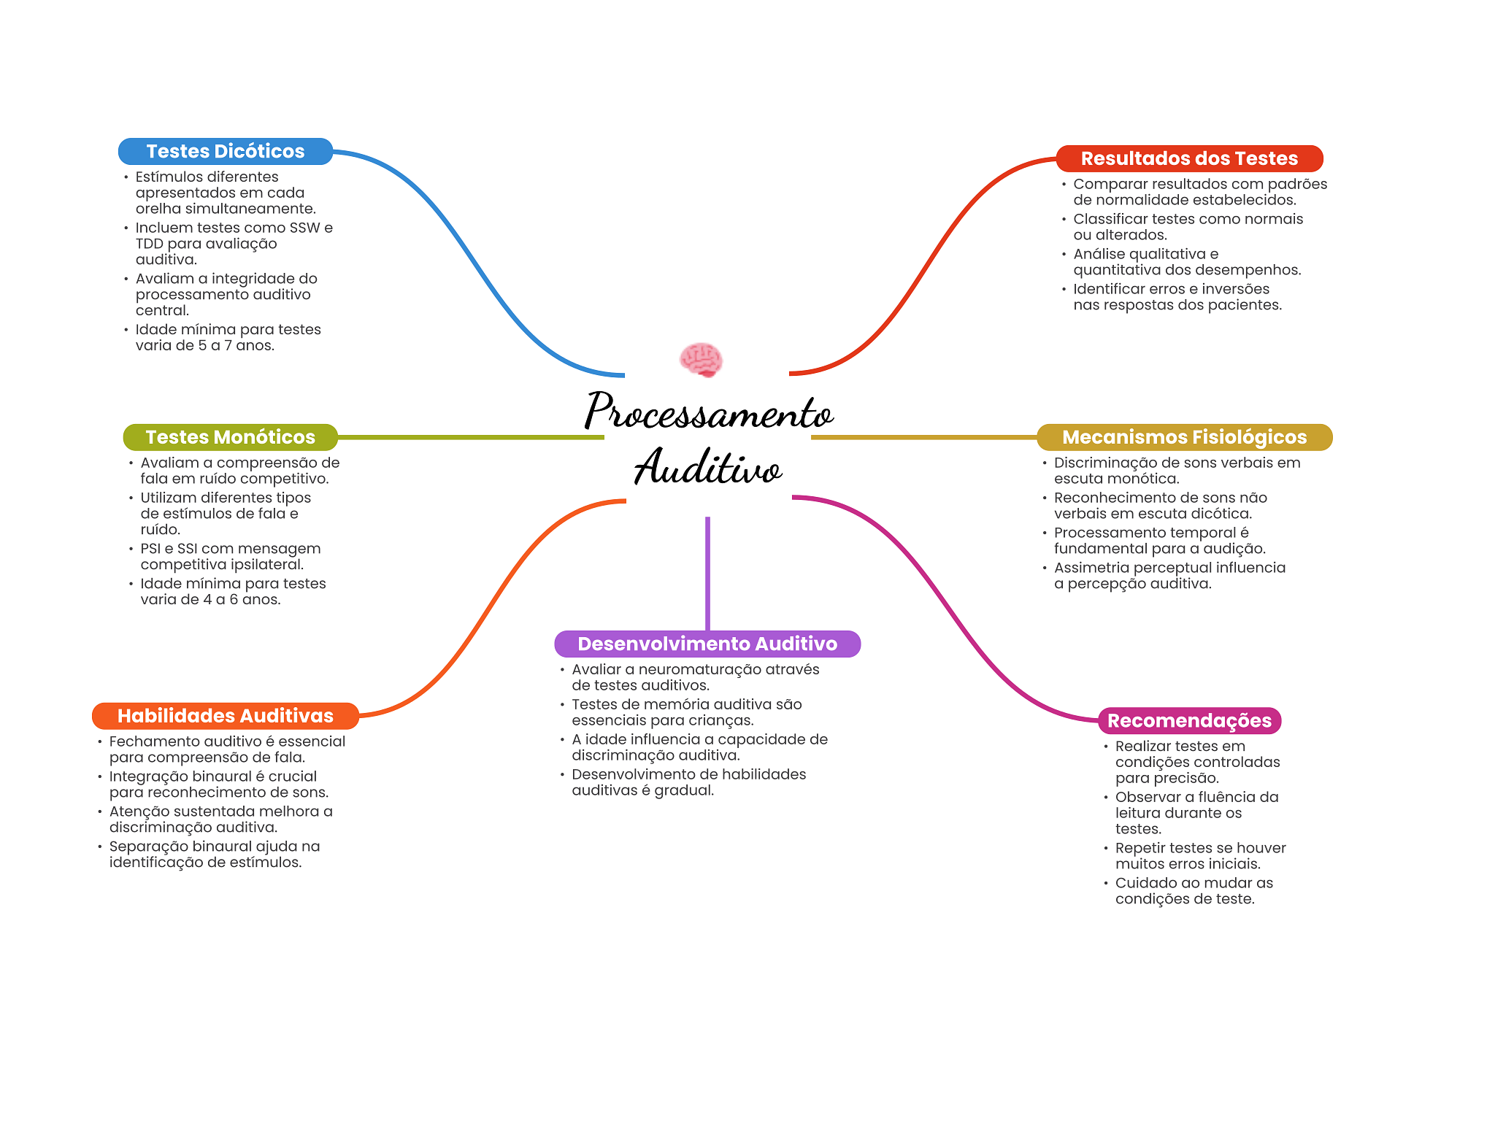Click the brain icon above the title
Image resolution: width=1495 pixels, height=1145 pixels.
click(701, 360)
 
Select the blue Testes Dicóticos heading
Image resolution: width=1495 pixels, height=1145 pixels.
click(225, 151)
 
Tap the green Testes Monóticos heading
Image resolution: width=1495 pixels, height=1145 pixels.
click(230, 437)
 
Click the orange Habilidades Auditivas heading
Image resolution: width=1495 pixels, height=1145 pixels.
click(225, 716)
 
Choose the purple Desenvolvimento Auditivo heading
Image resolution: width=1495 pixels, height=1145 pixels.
click(707, 644)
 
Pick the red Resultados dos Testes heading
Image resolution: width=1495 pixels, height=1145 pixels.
click(1188, 158)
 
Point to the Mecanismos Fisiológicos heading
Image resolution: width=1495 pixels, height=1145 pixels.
click(1184, 437)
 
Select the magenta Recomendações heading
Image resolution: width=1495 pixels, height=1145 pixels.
click(1189, 720)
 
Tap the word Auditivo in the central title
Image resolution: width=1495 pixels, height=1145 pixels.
click(708, 468)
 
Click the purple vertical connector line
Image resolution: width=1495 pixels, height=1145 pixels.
click(707, 573)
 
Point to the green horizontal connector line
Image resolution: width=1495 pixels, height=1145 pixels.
click(471, 437)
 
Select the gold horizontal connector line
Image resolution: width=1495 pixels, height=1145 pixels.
click(923, 437)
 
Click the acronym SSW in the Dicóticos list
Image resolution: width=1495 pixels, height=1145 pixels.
click(304, 228)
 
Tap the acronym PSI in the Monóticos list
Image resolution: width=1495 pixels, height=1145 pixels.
click(150, 549)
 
